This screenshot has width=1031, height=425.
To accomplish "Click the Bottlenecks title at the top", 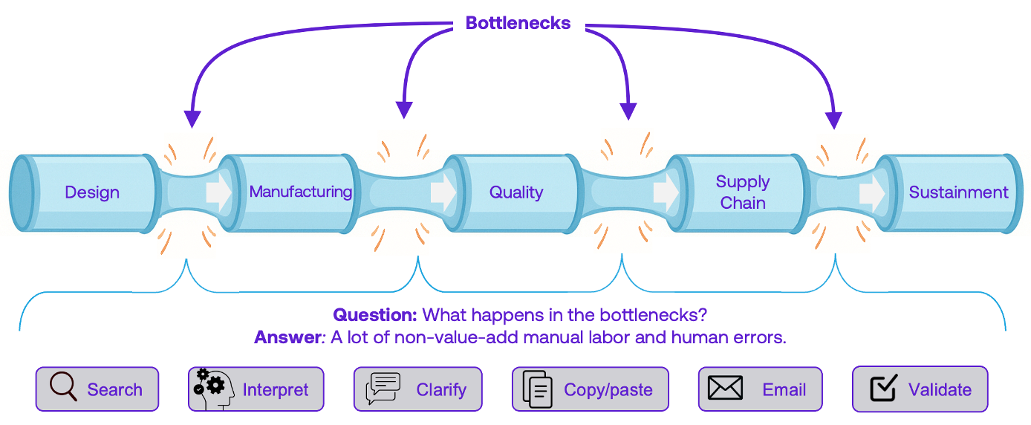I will (518, 23).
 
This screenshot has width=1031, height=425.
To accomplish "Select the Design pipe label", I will (92, 192).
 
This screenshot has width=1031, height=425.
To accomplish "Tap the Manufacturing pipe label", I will (300, 192).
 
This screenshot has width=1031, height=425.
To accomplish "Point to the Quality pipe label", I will (515, 192).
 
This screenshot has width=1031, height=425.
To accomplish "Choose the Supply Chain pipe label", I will (742, 192).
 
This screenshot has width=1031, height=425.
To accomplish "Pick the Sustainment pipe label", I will (958, 192).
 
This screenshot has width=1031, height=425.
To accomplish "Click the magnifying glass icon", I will (63, 387).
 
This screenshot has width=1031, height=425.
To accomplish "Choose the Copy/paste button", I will (590, 389).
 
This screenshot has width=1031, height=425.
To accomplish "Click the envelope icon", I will (726, 389).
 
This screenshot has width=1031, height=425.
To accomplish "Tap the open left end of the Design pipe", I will (22, 193).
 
